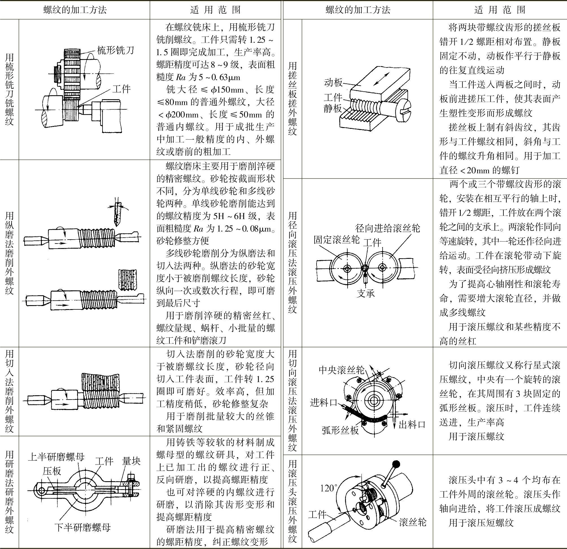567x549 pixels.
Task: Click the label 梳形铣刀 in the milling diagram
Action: [115, 51]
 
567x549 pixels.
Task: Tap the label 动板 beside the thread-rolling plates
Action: [333, 83]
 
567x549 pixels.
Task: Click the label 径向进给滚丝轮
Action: [388, 228]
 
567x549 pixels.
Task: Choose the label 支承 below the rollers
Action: [366, 294]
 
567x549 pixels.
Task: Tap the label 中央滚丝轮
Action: [342, 370]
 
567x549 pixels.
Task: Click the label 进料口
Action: [323, 402]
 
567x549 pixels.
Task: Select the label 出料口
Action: [412, 425]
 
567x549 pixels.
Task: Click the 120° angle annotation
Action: [329, 488]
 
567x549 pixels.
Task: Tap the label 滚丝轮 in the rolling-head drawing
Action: [413, 522]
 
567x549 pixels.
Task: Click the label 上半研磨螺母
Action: [56, 457]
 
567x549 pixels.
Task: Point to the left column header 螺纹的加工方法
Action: [75, 10]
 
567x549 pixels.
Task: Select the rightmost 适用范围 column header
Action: [500, 10]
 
